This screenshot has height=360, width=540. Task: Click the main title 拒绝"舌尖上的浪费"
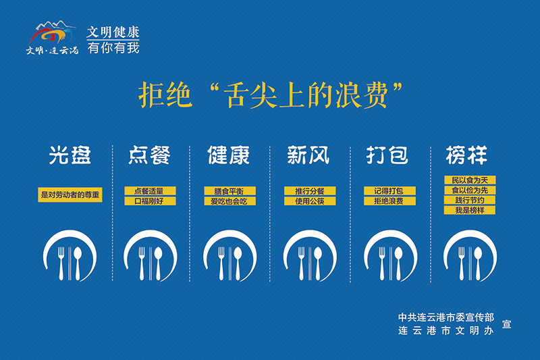tap(271, 95)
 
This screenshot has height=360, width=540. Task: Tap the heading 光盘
tap(70, 155)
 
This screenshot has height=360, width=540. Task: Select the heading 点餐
tap(149, 155)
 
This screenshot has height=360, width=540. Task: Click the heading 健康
tap(229, 155)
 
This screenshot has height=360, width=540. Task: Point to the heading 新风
tap(308, 155)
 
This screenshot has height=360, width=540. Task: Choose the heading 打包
tap(387, 155)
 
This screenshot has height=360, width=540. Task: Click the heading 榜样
tap(466, 155)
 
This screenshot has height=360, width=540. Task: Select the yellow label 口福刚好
tap(149, 201)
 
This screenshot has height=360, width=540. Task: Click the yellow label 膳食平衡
tap(229, 191)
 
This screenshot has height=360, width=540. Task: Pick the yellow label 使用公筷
tap(308, 201)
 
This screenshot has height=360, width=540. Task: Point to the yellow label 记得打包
tap(388, 191)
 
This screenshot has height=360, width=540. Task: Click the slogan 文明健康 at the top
tap(113, 32)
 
